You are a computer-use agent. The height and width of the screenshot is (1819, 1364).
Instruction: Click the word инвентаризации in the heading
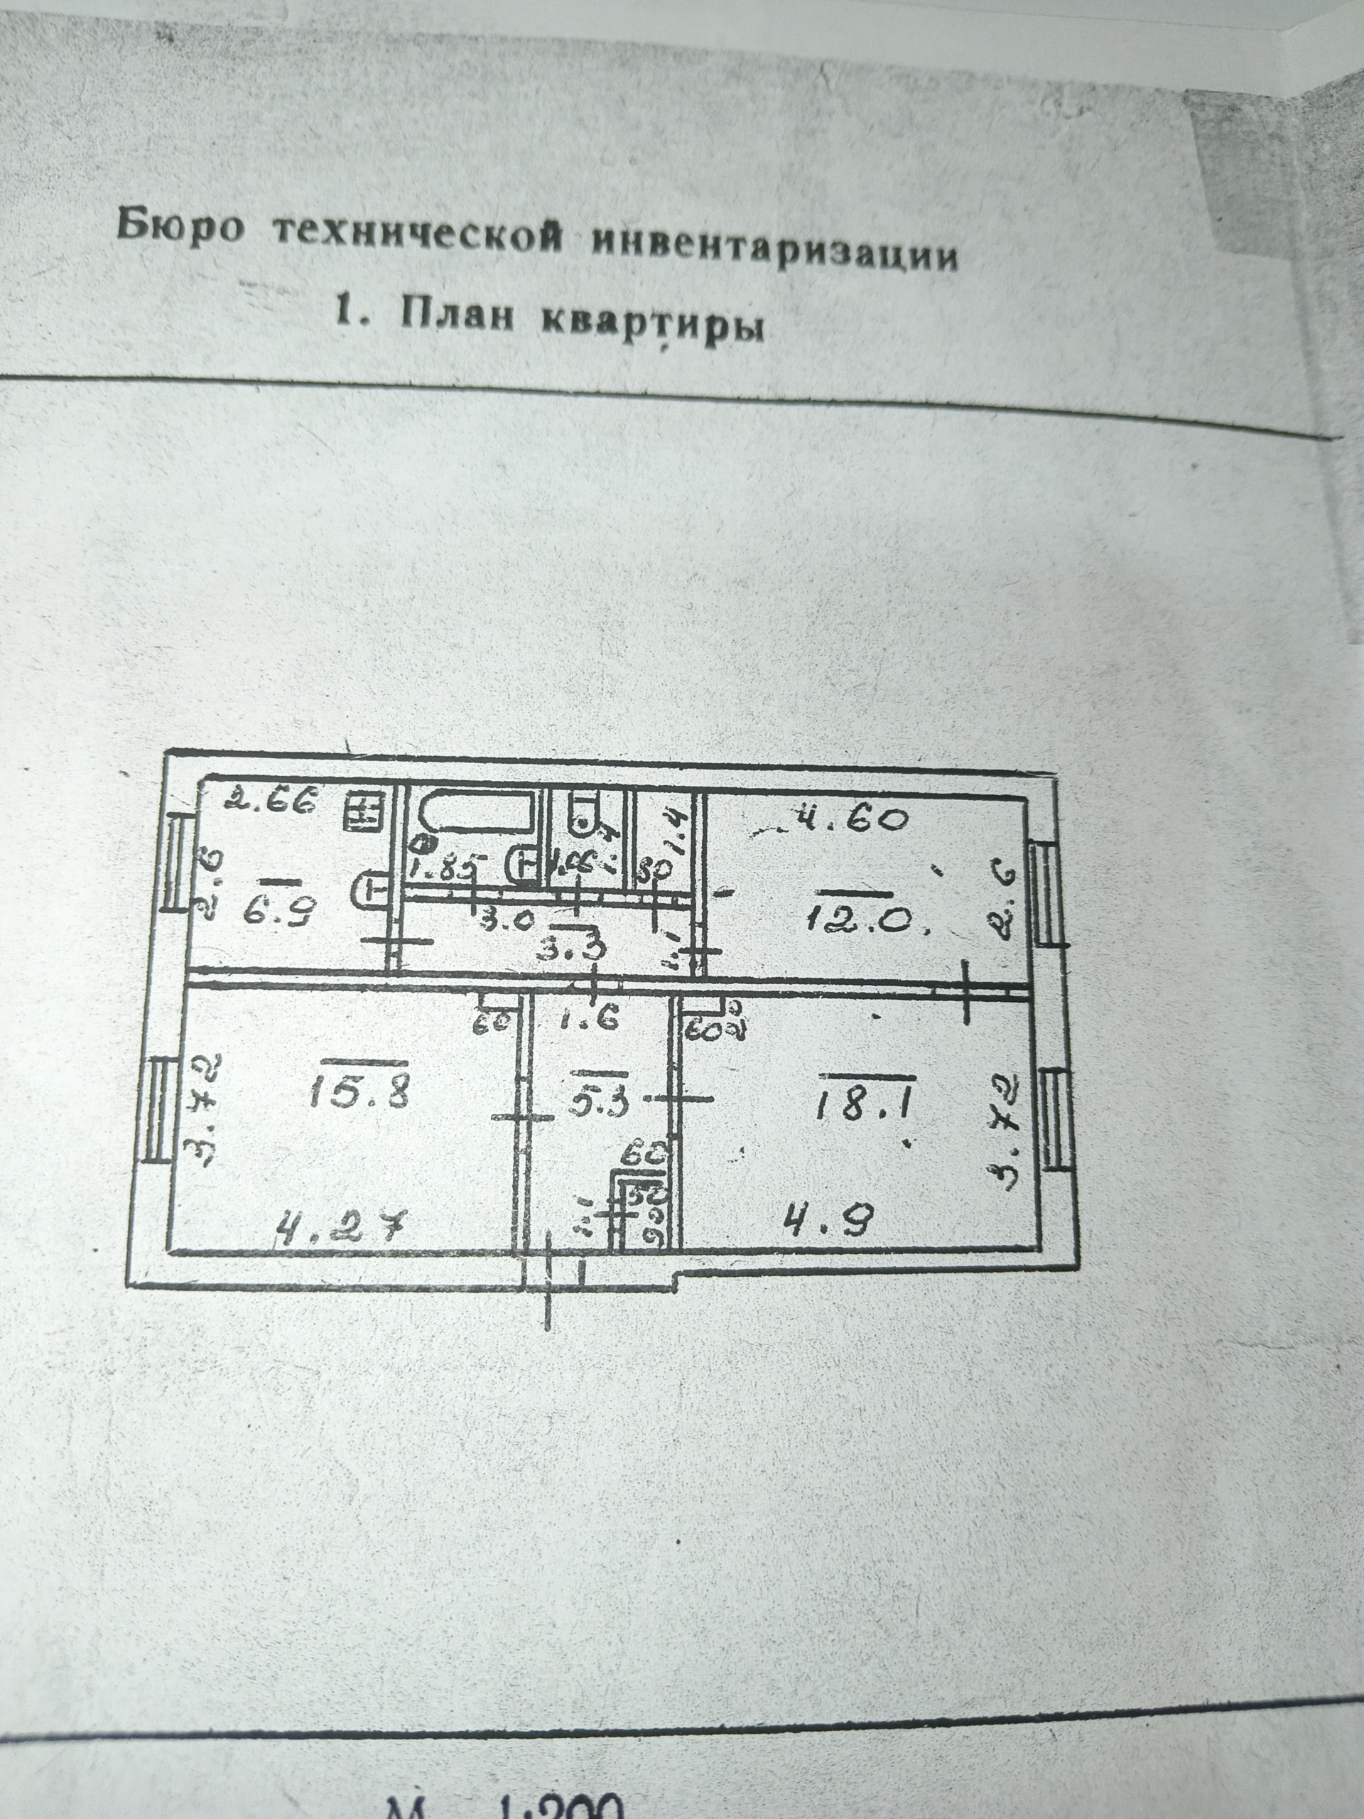tap(775, 247)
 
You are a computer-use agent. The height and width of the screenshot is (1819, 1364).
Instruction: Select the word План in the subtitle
tap(456, 314)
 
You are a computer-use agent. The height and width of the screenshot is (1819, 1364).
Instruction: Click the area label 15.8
tap(359, 1093)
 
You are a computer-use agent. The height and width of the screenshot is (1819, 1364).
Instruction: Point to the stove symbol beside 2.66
tap(362, 812)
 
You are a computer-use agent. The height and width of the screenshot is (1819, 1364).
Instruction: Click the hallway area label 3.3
tap(581, 949)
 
